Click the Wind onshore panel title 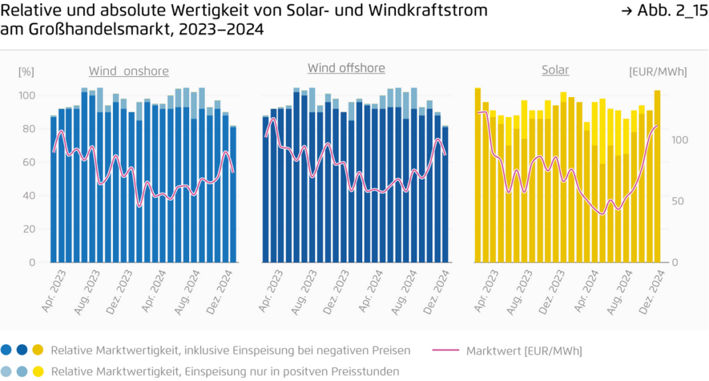point(128,71)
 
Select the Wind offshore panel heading point(346,68)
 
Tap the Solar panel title point(555,70)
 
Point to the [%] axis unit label point(26,71)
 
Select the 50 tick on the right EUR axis point(681,201)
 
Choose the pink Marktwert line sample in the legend point(447,351)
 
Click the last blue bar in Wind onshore point(233,195)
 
